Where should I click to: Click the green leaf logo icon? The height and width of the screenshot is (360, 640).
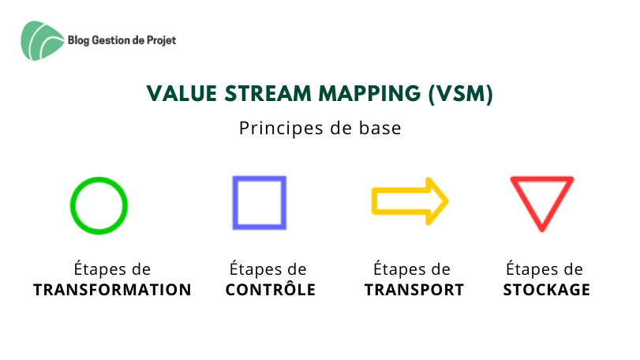[42, 41]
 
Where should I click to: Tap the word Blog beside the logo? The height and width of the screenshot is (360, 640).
[78, 40]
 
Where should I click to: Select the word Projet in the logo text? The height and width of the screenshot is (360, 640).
[161, 40]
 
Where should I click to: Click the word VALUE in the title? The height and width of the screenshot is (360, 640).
[182, 93]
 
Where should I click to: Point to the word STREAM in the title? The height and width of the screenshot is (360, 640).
[268, 93]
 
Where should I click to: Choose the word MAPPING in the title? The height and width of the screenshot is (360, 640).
[369, 93]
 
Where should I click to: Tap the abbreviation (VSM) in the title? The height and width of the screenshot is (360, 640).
[461, 94]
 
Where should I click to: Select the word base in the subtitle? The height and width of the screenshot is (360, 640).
[380, 128]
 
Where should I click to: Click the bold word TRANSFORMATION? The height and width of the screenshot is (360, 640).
[112, 290]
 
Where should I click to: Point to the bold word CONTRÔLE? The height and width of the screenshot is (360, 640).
[271, 289]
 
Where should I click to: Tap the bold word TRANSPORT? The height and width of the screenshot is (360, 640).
[414, 290]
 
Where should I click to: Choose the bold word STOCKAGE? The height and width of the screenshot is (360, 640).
[547, 290]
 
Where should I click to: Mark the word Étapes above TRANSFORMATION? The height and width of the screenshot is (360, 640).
[100, 269]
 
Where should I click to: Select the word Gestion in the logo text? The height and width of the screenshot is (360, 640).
[111, 40]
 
